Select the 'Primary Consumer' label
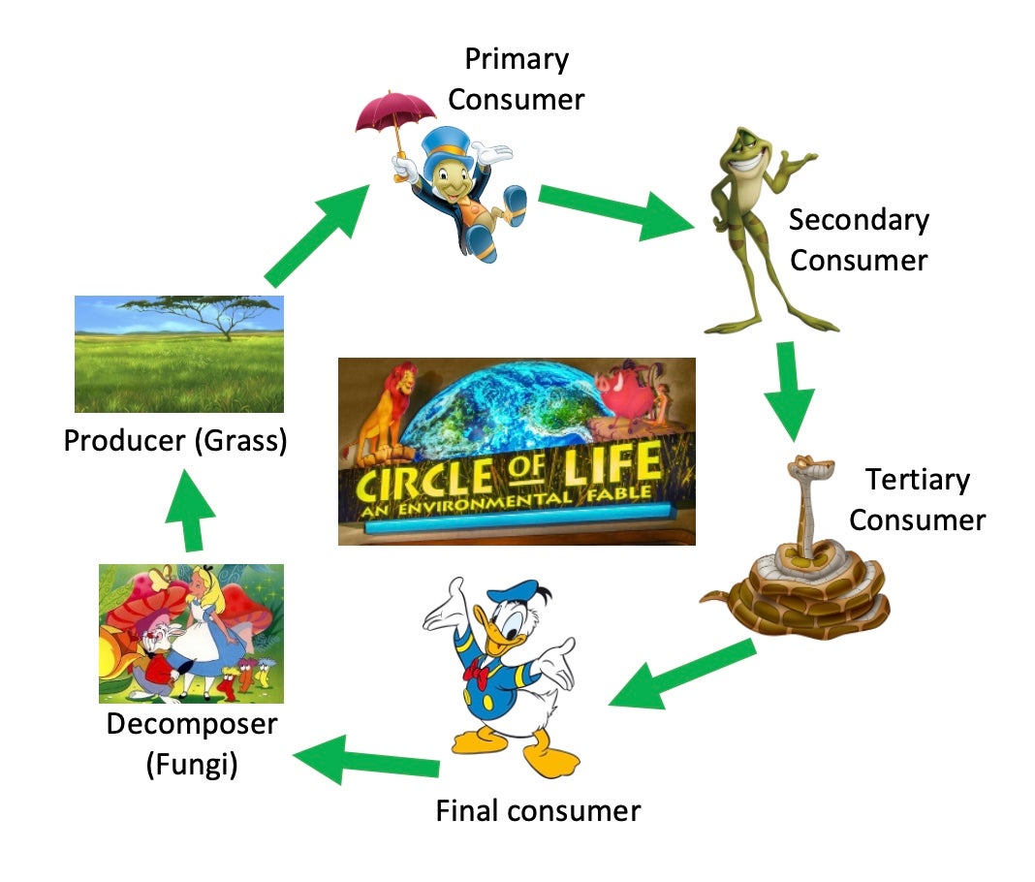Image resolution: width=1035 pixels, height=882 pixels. point(517,79)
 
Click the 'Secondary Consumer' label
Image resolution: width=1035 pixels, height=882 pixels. point(859,239)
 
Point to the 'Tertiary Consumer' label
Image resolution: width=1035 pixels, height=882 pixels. point(917,499)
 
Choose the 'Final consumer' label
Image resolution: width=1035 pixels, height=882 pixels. point(538,809)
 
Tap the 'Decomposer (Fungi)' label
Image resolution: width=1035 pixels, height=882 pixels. point(192,743)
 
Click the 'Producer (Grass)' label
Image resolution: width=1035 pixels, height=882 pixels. point(175,441)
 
